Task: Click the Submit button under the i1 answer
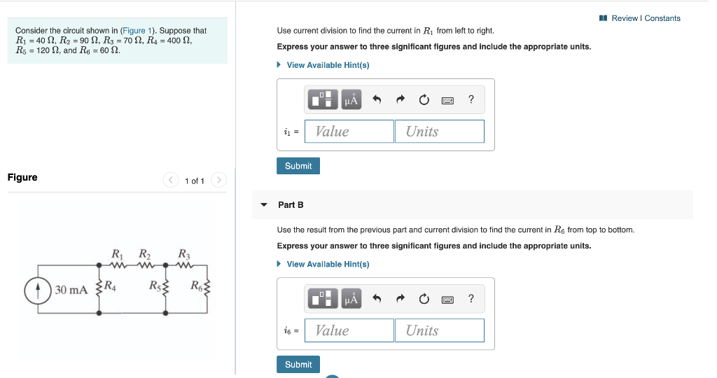point(298,166)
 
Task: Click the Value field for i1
point(349,132)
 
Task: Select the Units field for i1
point(439,132)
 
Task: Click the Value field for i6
point(349,330)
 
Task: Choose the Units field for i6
point(439,330)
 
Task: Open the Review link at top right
point(624,18)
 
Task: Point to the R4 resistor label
point(111,285)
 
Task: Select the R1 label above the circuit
point(118,254)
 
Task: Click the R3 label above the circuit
point(184,254)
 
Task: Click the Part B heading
point(291,205)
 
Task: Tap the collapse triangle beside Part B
point(264,205)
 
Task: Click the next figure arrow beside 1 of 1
point(218,181)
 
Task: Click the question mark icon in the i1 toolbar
point(471,100)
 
